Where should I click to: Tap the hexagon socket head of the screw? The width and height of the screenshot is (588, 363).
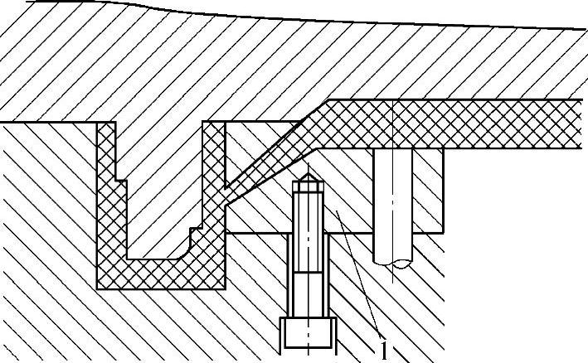309,334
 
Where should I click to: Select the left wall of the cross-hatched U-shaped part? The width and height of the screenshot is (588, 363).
108,207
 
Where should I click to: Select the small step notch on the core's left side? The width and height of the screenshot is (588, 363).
119,177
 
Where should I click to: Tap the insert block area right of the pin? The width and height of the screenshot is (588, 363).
427,191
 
